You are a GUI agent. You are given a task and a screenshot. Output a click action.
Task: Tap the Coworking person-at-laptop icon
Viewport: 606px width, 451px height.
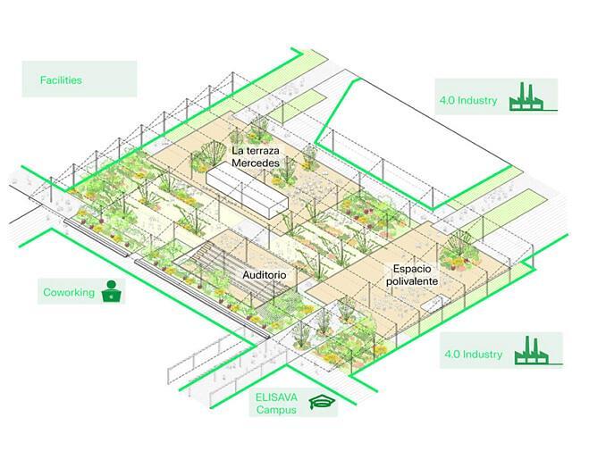[x=113, y=291]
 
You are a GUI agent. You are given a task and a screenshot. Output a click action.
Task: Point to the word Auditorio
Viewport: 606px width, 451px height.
[x=264, y=276]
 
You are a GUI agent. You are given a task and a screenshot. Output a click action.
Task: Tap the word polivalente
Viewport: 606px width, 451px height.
[x=412, y=280]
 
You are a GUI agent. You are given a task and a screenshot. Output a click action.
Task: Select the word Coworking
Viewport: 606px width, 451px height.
[x=69, y=292]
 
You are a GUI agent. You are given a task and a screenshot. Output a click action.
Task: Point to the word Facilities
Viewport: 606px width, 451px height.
[x=61, y=80]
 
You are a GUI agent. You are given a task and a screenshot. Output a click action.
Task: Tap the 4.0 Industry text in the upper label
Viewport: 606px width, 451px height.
[x=467, y=100]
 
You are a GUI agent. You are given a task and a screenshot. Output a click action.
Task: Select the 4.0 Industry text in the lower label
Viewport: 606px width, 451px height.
[x=473, y=355]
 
